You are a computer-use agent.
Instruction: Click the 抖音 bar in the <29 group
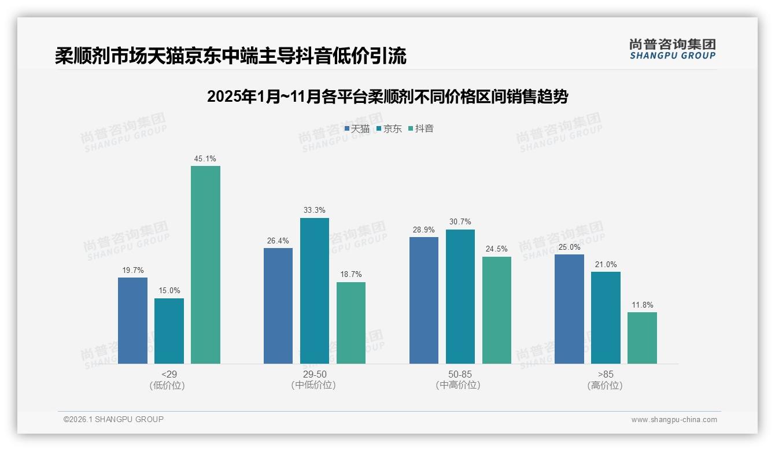coord(205,265)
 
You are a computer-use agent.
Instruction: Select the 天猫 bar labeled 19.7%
coord(132,320)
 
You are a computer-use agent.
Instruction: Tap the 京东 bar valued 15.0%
coord(169,331)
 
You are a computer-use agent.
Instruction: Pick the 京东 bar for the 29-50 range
coord(315,291)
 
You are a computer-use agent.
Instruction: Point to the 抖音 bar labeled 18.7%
coord(351,323)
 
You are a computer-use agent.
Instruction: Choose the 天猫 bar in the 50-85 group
coord(424,300)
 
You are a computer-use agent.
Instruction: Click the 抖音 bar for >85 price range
coord(642,338)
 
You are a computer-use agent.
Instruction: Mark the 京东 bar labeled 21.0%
coord(606,317)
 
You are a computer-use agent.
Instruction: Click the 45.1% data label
coord(205,158)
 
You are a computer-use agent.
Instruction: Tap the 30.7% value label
coord(460,221)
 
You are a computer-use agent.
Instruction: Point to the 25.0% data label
coord(569,247)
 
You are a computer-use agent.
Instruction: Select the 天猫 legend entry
coord(357,128)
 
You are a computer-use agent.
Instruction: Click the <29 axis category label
coord(169,374)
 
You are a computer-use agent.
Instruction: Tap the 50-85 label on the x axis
coord(460,374)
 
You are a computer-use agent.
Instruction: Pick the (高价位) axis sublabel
coord(606,385)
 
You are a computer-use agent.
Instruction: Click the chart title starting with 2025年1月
coord(387,97)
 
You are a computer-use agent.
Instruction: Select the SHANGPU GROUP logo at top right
coord(672,49)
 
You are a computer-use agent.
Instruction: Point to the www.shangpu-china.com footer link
coord(674,419)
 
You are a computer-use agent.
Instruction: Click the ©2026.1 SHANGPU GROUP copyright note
coord(113,419)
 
